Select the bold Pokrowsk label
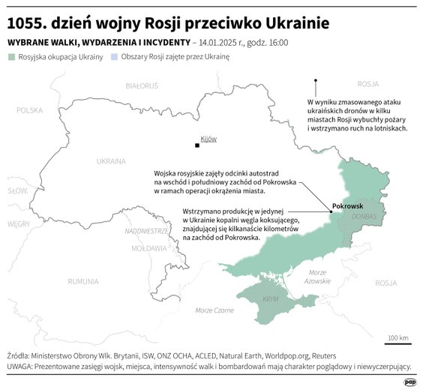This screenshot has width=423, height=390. [x=347, y=205]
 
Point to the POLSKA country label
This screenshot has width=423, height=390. [x=30, y=110]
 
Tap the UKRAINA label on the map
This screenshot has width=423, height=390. [x=111, y=160]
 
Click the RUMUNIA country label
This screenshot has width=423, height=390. [x=82, y=281]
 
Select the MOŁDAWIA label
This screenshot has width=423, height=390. [x=148, y=247]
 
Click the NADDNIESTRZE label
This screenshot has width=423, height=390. [x=146, y=231]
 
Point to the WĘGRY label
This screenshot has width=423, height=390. [x=19, y=223]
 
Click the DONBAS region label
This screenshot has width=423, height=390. [x=364, y=217]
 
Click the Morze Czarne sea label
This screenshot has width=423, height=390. [x=214, y=310]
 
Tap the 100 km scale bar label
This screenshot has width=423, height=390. [x=398, y=338]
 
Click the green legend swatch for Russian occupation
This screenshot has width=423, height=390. [x=10, y=57]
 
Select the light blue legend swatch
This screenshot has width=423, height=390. [x=114, y=57]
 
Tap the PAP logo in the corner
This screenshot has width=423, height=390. [x=409, y=382]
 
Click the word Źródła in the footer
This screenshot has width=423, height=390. [x=22, y=355]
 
